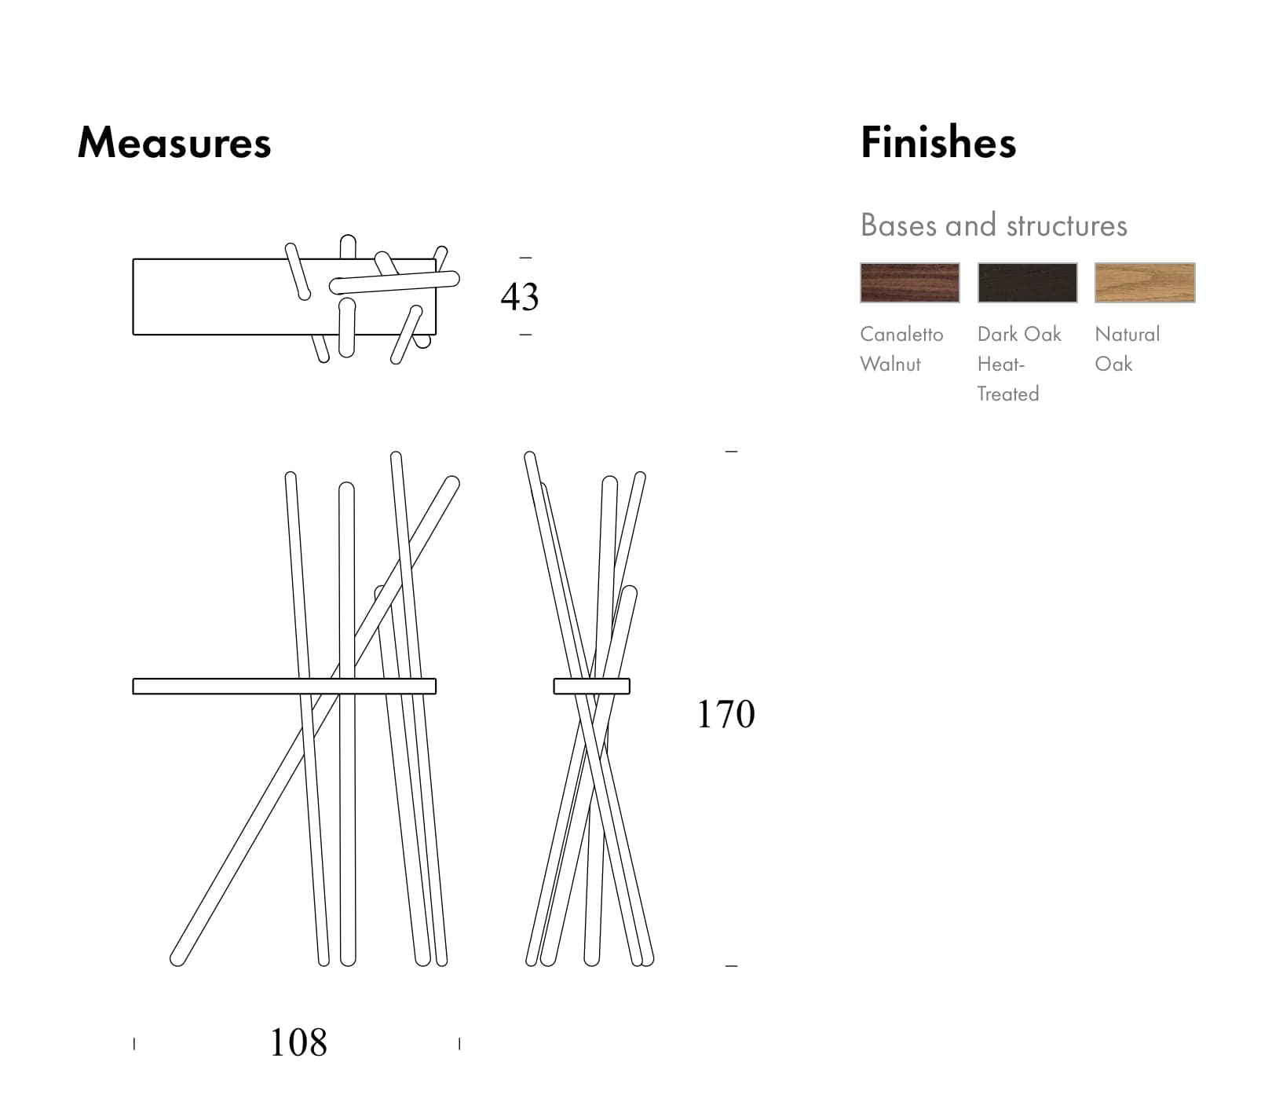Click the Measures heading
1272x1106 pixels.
[174, 143]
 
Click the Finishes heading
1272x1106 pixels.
[938, 143]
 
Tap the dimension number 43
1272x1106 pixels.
[520, 297]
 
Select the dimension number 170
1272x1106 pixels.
[726, 715]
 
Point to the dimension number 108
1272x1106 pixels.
[298, 1043]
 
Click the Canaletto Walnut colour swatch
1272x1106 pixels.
[909, 283]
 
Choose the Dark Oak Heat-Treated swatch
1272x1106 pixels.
[1027, 283]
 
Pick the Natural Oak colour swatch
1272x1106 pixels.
[1145, 283]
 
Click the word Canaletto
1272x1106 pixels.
[901, 335]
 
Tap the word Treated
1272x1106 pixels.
[1007, 394]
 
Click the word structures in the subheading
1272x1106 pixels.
[1066, 226]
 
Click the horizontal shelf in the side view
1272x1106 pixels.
[591, 687]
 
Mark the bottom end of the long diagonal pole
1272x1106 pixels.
[178, 958]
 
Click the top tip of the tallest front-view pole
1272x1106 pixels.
[397, 456]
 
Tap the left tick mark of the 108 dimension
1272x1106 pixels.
[134, 1044]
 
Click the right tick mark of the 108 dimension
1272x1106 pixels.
[459, 1044]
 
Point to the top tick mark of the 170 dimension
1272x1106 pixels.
[731, 452]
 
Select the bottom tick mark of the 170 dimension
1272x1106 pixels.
[731, 965]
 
